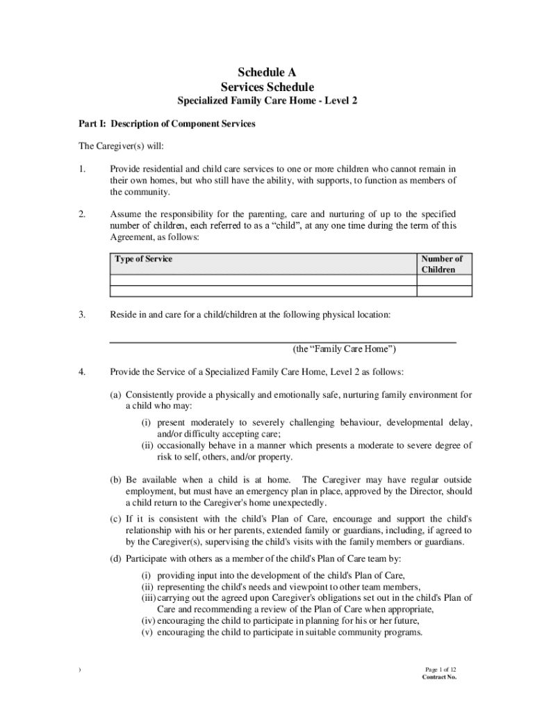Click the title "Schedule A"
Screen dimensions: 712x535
point(267,72)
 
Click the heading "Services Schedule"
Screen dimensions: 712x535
point(267,87)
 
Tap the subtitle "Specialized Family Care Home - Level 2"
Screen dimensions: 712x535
point(267,102)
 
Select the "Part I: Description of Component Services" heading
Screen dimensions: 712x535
point(167,124)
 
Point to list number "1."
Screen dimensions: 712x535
point(82,169)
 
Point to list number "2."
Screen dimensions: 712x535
point(82,214)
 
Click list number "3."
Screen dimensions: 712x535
point(82,315)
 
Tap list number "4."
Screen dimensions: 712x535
point(82,371)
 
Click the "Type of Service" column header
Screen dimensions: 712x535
point(143,259)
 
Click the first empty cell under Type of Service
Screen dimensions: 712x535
point(262,281)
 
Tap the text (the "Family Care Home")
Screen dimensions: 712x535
point(344,349)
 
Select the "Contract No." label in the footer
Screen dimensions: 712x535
point(439,677)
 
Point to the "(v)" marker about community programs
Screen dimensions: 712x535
point(147,633)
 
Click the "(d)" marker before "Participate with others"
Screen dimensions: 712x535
point(116,559)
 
